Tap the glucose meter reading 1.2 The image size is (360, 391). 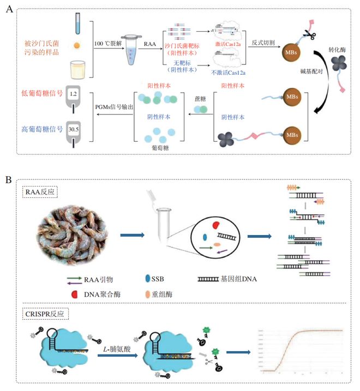[74, 94]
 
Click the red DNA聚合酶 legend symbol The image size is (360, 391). [73, 294]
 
